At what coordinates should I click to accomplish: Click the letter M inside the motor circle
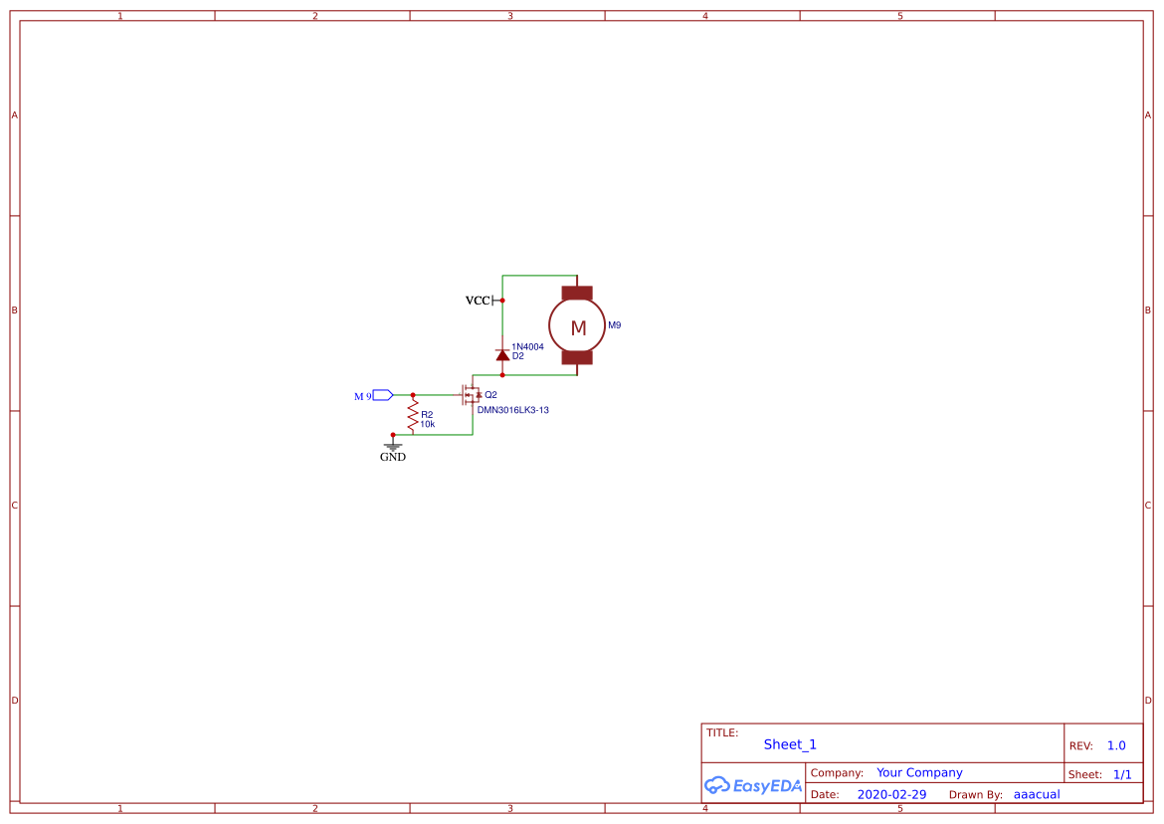tap(578, 328)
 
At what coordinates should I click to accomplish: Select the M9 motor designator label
tap(615, 325)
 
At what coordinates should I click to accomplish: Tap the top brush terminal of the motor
tap(577, 293)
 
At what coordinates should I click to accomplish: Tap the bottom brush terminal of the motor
tap(577, 357)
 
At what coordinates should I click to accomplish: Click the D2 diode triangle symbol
tap(502, 355)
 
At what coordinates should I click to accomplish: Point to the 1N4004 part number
tap(527, 346)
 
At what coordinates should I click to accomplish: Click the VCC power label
tap(478, 301)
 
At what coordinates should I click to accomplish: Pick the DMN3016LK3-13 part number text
tap(512, 409)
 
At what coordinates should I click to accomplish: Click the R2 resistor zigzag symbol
tap(413, 414)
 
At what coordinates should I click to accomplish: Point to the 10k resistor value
tap(427, 424)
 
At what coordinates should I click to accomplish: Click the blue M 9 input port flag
tap(383, 395)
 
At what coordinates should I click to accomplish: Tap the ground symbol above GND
tap(393, 446)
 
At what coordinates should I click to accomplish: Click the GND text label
tap(393, 458)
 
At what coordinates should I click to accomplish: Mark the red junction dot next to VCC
tap(502, 300)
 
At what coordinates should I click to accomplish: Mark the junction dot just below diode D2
tap(502, 375)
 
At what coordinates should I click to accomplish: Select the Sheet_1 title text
tap(790, 744)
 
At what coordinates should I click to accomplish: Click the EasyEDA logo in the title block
tap(752, 785)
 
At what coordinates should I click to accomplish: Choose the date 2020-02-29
tap(891, 794)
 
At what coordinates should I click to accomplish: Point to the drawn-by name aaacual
tap(1037, 794)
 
